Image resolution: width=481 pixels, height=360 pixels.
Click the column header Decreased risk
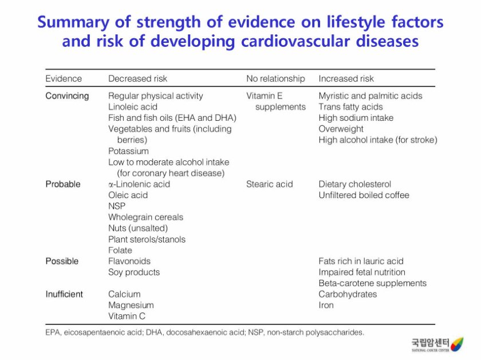click(137, 78)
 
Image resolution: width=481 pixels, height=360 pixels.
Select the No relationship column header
click(275, 78)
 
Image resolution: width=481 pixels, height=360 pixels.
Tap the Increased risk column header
click(346, 78)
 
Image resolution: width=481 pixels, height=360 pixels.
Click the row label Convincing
click(67, 96)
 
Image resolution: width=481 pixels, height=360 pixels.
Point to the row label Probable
click(63, 184)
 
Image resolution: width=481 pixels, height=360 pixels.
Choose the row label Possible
click(62, 261)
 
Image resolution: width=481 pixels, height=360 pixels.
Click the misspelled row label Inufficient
click(64, 294)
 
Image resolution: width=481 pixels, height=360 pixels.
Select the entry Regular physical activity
click(155, 96)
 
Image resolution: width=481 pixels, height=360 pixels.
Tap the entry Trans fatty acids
click(350, 106)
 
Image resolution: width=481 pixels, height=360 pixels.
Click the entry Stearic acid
click(269, 184)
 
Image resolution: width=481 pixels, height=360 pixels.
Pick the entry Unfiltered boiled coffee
click(364, 195)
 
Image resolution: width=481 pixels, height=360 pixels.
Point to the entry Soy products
click(134, 272)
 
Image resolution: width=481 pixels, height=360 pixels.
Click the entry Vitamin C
click(127, 316)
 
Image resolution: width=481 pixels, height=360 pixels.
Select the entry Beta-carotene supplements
click(372, 283)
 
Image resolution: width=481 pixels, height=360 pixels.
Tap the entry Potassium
click(128, 151)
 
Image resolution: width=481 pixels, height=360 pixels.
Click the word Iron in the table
click(326, 305)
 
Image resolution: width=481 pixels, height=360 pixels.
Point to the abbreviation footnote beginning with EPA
click(204, 332)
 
